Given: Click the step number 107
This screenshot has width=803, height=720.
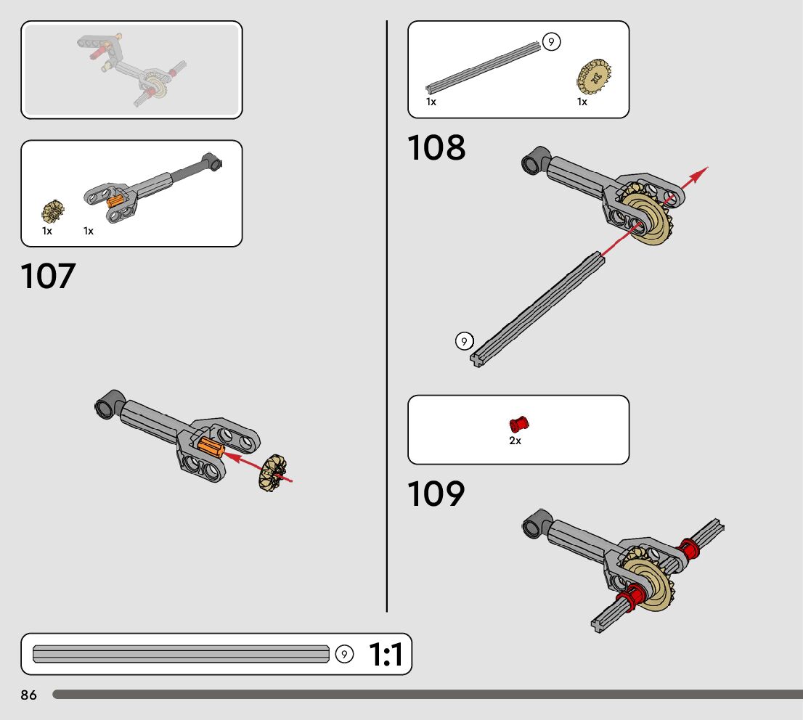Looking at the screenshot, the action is click(x=48, y=277).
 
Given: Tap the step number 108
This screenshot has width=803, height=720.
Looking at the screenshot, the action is click(x=436, y=148).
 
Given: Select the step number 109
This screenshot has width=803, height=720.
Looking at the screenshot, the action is click(x=436, y=494).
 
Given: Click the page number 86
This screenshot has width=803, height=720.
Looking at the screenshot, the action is click(x=28, y=695).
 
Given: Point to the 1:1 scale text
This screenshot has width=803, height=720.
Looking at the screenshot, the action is click(x=386, y=655).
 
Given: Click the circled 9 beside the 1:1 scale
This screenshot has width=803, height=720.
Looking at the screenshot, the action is click(x=345, y=655).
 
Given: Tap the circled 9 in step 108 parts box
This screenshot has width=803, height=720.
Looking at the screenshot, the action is click(x=551, y=42).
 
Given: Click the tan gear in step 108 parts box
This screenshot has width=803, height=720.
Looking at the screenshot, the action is click(x=593, y=76).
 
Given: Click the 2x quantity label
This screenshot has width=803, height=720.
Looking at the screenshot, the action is click(x=515, y=441).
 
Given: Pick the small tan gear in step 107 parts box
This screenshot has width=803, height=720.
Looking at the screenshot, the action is click(x=52, y=211).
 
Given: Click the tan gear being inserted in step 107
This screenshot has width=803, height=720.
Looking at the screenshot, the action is click(x=274, y=472).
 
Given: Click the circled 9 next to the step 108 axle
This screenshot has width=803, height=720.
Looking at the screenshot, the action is click(x=465, y=340).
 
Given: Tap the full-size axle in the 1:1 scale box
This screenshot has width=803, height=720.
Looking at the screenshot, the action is click(x=182, y=654).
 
